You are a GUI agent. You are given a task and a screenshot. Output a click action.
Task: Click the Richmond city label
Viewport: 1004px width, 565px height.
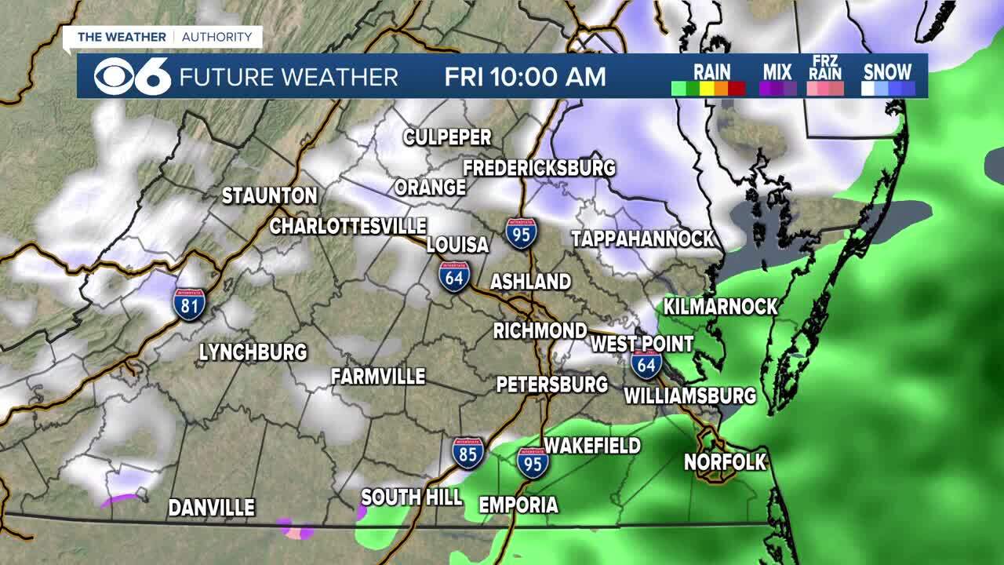(x=540, y=330)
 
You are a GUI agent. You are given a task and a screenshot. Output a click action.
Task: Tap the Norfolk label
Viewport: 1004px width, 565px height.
(x=725, y=462)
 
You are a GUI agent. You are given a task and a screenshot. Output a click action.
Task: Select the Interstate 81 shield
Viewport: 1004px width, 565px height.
(x=189, y=304)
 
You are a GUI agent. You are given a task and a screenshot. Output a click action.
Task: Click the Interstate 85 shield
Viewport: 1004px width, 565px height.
(x=468, y=453)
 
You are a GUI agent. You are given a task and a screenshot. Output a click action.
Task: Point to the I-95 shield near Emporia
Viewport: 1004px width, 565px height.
(x=533, y=462)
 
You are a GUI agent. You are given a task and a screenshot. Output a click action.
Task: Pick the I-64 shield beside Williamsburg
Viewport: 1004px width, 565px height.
(x=646, y=364)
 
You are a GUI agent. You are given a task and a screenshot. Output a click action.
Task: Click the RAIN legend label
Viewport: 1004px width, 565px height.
(x=711, y=71)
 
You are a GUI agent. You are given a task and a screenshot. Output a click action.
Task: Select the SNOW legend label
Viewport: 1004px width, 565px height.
(x=888, y=71)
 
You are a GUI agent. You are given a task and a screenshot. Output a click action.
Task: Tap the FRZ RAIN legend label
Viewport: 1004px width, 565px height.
(x=826, y=68)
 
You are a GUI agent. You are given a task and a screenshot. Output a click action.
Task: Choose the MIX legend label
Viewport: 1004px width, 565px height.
(x=777, y=71)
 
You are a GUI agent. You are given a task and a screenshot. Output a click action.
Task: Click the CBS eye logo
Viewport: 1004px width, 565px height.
(x=113, y=76)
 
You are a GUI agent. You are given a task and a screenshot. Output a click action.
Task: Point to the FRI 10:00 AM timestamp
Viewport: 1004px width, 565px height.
(x=525, y=76)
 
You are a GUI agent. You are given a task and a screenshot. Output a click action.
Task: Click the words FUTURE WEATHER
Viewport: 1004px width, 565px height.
(x=289, y=77)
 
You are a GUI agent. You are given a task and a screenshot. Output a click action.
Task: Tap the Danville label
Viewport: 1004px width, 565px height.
(x=212, y=508)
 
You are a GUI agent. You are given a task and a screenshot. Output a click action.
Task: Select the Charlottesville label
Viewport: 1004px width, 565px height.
(x=348, y=226)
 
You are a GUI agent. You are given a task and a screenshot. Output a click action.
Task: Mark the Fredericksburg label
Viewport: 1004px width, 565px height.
(x=539, y=168)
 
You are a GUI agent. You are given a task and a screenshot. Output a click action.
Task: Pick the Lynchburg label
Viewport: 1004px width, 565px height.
(x=253, y=352)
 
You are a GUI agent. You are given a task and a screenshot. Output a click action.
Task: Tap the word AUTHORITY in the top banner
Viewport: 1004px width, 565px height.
(x=217, y=37)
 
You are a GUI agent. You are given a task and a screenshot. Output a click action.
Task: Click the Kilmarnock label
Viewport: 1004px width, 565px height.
(x=721, y=306)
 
